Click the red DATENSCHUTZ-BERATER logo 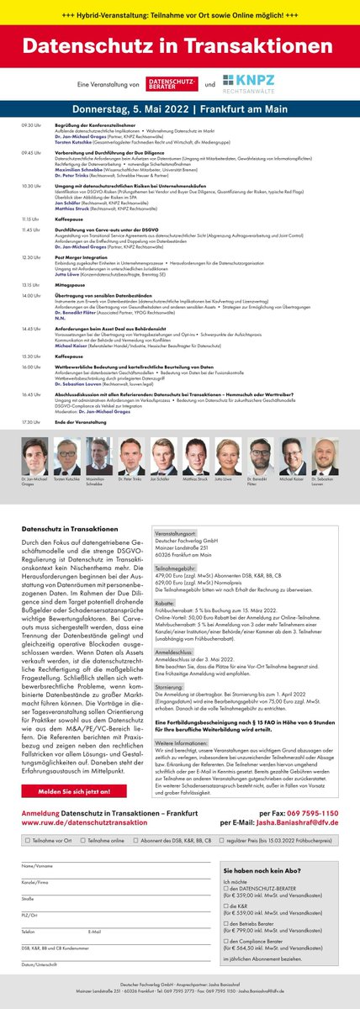[173, 85]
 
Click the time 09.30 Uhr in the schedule [31, 124]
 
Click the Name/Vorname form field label [37, 865]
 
